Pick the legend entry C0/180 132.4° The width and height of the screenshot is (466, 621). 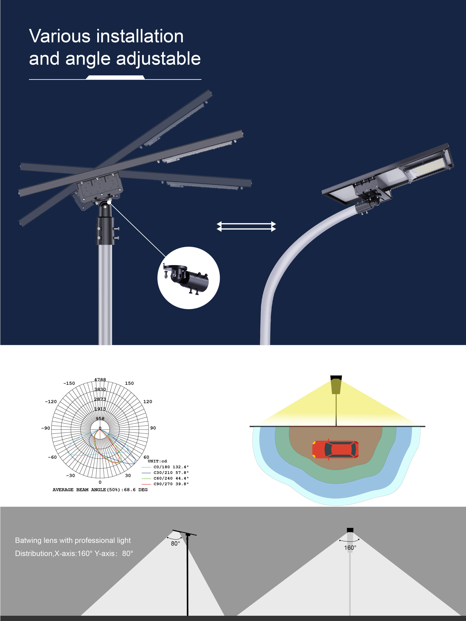point(171,467)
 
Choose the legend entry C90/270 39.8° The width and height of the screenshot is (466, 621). point(171,484)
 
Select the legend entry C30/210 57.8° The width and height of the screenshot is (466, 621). point(171,472)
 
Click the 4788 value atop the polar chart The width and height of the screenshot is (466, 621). point(100,380)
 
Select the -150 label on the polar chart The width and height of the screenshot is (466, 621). point(69,383)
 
